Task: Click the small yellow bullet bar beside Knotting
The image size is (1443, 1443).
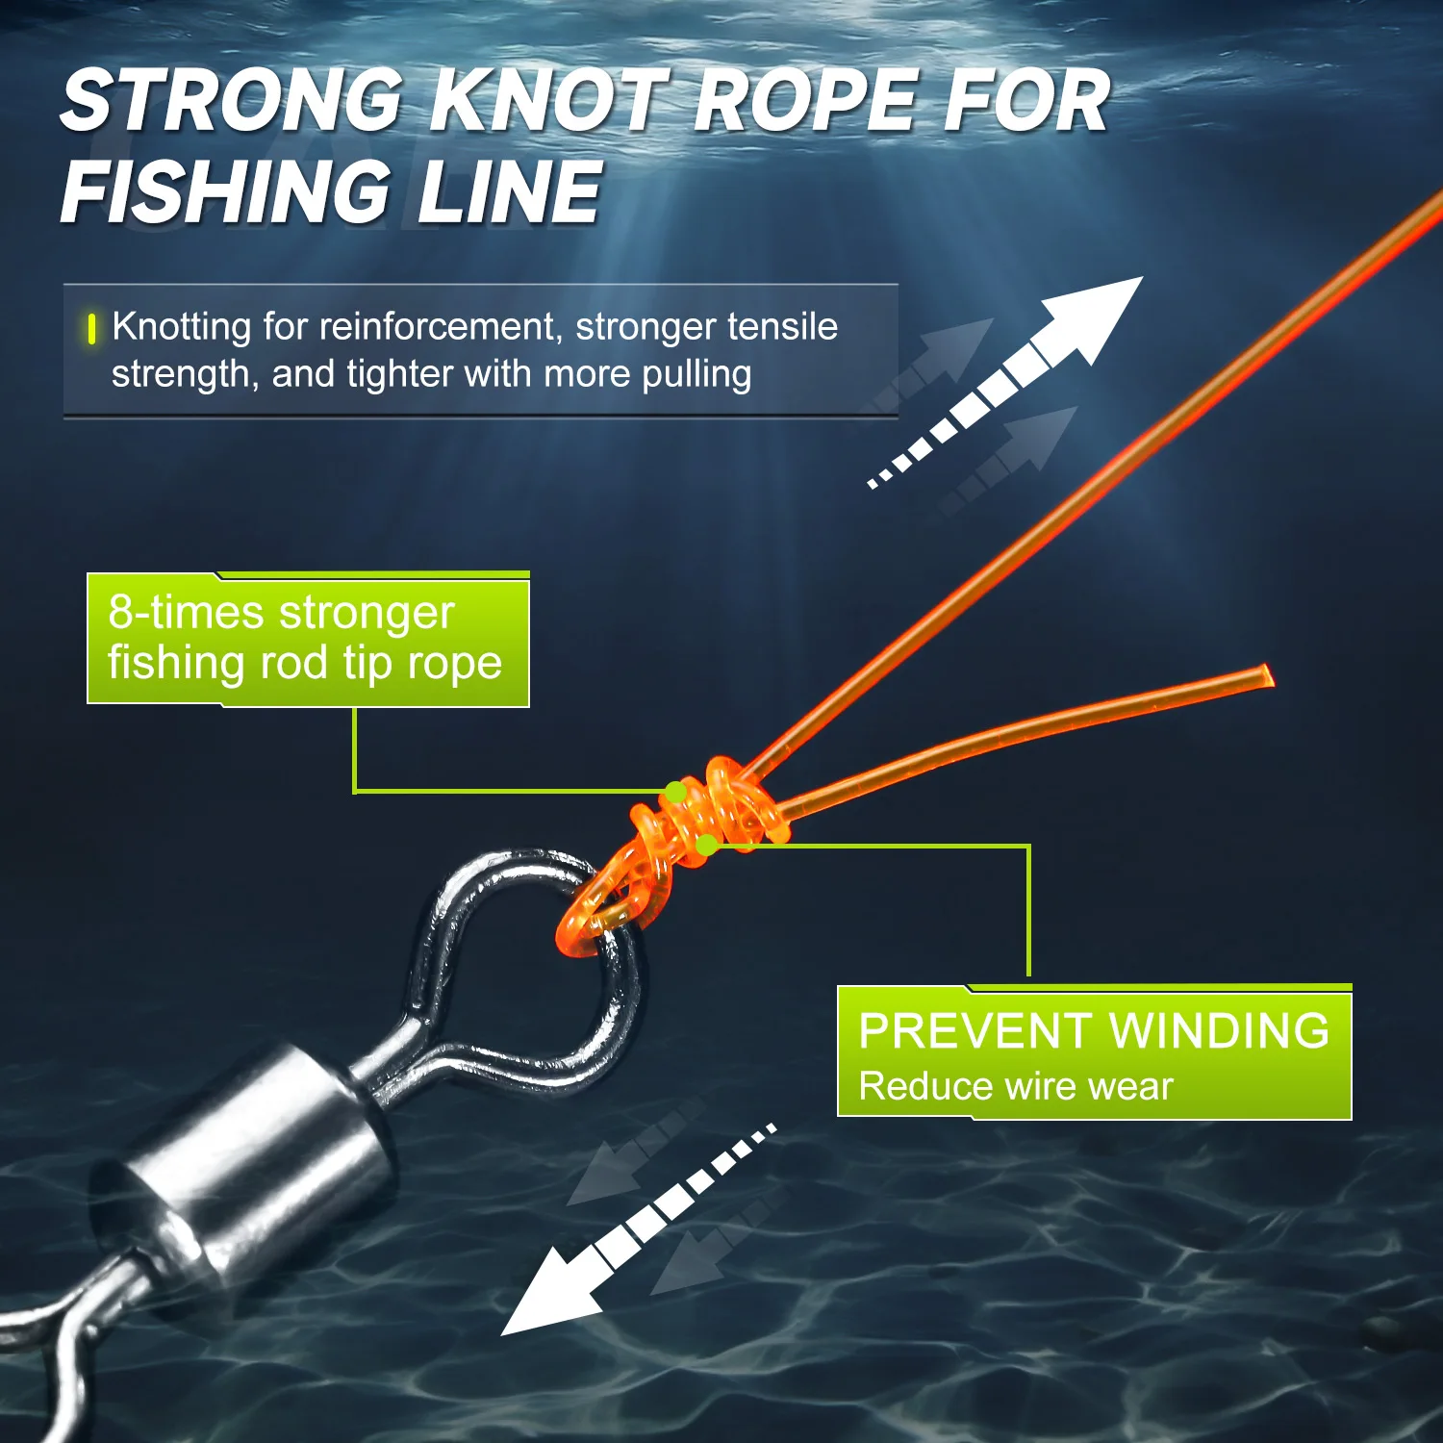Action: (91, 329)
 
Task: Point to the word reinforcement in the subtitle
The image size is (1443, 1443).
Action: (439, 327)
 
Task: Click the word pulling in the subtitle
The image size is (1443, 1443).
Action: (696, 374)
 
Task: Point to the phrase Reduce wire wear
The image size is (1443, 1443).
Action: (1015, 1087)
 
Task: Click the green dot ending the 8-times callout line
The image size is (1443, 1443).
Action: (676, 792)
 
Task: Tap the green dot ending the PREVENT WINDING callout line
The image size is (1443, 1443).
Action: (706, 846)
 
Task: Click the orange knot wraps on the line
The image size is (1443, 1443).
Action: (717, 808)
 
